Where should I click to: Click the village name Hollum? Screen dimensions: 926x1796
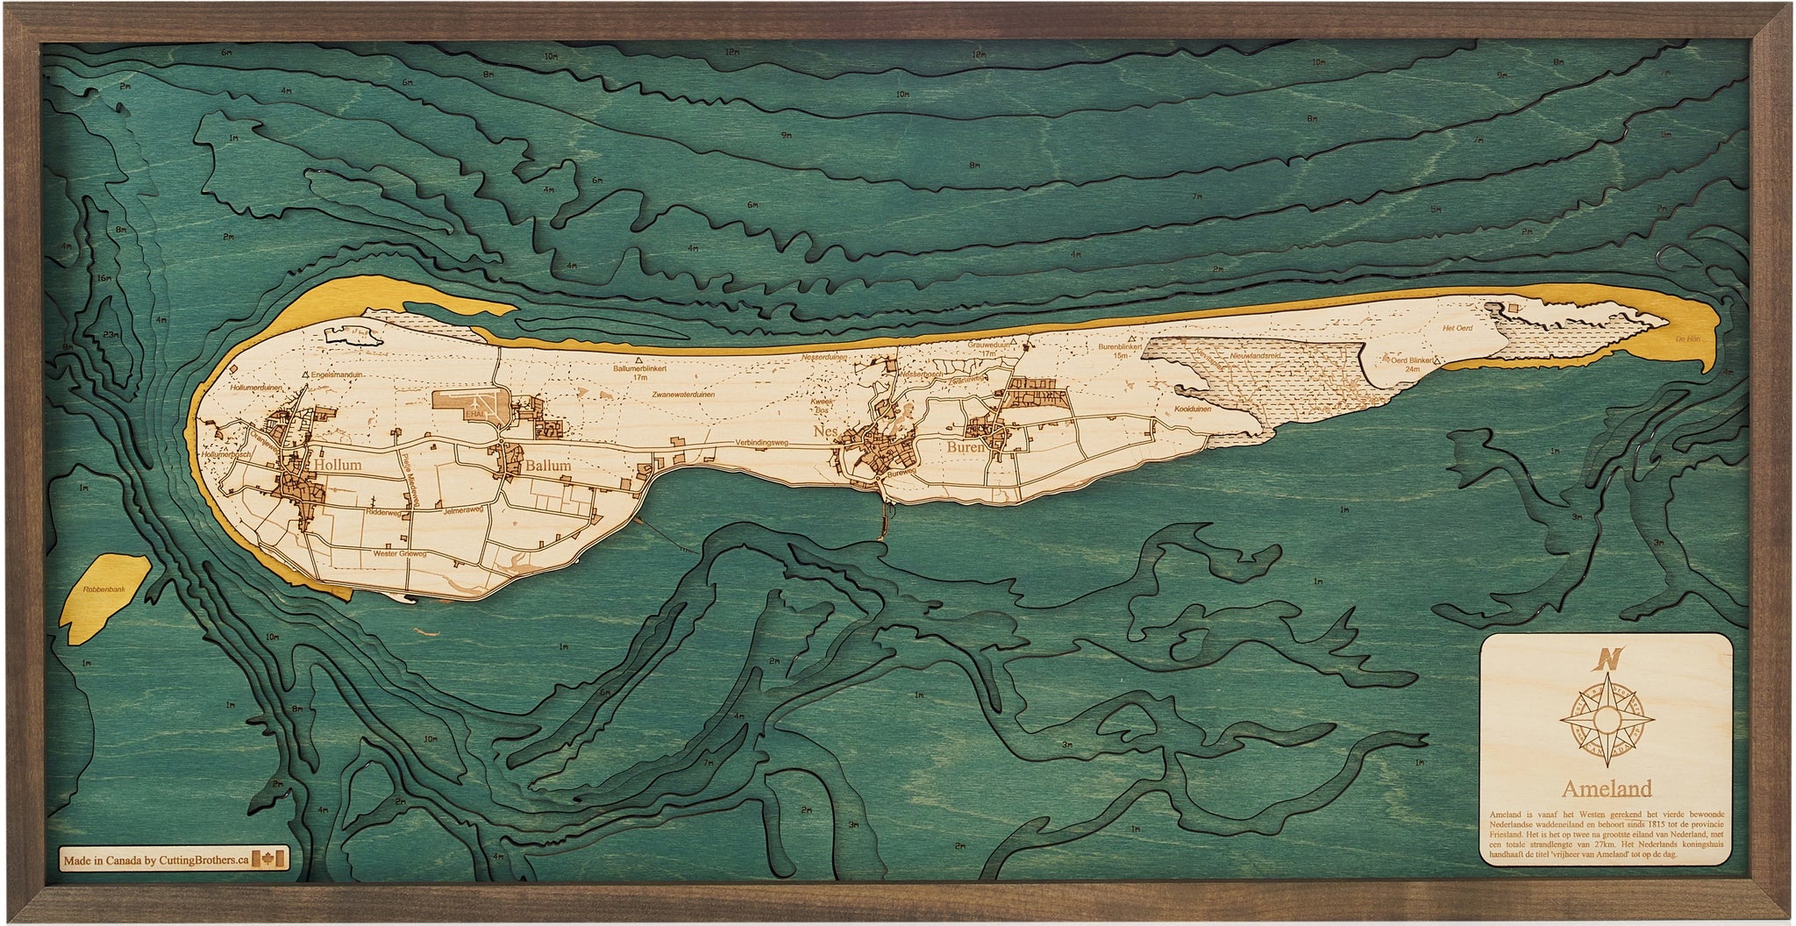click(338, 466)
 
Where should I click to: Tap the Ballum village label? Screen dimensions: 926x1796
click(547, 467)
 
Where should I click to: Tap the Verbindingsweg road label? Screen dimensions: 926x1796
click(761, 443)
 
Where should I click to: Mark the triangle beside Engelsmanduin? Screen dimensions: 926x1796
click(305, 374)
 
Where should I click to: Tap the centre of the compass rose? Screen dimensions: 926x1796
click(1605, 721)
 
